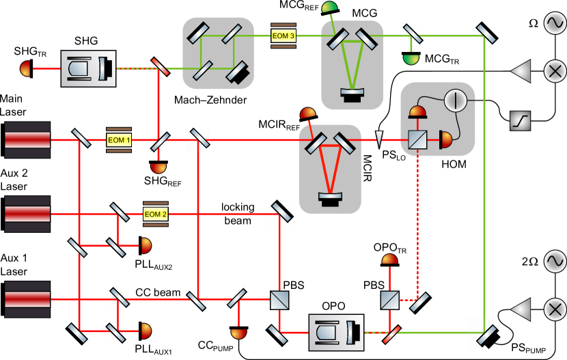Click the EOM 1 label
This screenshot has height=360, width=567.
[118, 140]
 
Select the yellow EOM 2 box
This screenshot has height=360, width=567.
[155, 214]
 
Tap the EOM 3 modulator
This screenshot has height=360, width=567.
[283, 36]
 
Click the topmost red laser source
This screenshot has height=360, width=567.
[27, 140]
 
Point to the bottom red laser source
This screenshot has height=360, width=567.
[27, 299]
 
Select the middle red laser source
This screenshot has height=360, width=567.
[27, 214]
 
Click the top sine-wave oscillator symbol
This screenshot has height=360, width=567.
[555, 23]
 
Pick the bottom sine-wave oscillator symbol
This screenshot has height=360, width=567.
[555, 261]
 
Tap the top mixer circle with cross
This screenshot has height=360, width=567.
[555, 71]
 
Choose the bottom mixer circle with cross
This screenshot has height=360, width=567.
[555, 309]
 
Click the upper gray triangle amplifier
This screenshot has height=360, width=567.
[521, 71]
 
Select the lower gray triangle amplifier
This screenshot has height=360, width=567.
[521, 309]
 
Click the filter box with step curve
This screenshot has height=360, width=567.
[520, 121]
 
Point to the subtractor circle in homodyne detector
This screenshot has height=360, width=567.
[454, 100]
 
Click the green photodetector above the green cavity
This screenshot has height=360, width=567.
[329, 8]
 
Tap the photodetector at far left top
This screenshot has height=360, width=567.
[25, 68]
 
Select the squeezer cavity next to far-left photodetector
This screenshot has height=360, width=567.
[88, 68]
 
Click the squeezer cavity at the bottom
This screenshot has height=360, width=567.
[336, 333]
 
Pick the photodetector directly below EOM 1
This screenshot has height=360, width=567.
[158, 167]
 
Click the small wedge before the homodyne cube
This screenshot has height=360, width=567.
[379, 139]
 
